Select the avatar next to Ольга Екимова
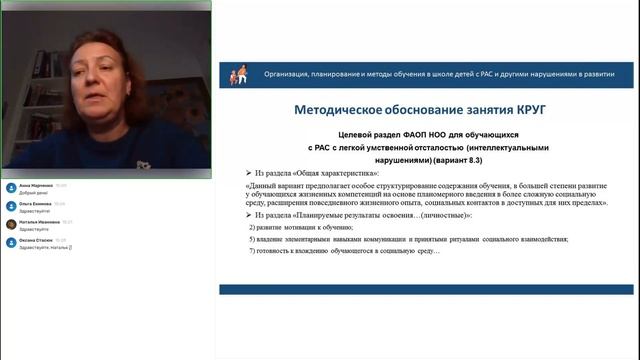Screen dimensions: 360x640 coord(10,205)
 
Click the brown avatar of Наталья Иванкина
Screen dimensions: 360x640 coord(10,224)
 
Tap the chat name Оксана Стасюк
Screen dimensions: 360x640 coord(36,240)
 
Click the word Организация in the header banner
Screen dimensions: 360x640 coord(284,74)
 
